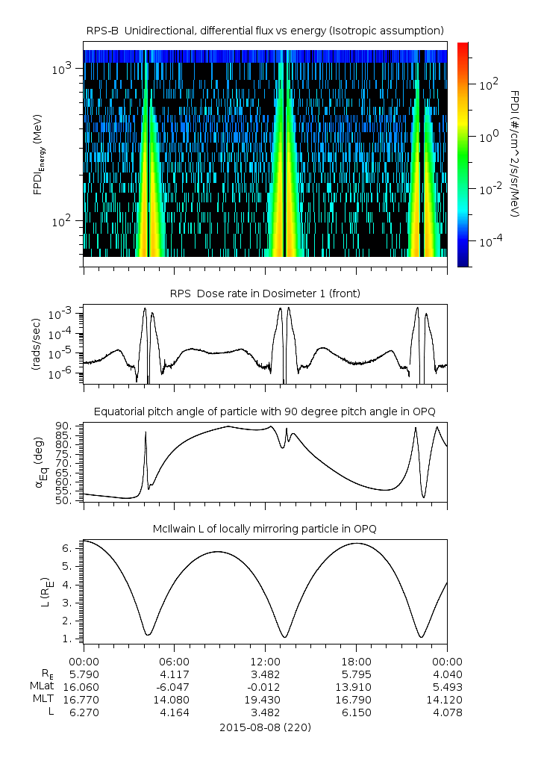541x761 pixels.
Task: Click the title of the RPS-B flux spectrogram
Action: tap(265, 30)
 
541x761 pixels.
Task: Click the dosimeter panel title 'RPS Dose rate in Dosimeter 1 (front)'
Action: tap(265, 293)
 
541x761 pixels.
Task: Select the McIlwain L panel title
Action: tap(265, 529)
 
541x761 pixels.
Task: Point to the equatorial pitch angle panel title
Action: tap(265, 411)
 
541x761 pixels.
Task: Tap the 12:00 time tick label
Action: tap(266, 661)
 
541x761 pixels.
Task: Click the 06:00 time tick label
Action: tap(175, 661)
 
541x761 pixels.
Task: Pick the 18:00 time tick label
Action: tap(357, 661)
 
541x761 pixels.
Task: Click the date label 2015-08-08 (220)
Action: tap(265, 727)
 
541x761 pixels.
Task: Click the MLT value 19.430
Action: tap(266, 699)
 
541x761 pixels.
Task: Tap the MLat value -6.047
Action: tap(175, 686)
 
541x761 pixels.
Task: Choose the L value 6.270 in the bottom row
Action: tap(84, 712)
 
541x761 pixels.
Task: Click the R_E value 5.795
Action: tap(357, 674)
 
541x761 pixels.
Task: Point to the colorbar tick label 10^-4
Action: tap(489, 242)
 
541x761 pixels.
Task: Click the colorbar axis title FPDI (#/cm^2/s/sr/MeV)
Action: tap(515, 154)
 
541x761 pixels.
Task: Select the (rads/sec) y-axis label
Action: tap(36, 344)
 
